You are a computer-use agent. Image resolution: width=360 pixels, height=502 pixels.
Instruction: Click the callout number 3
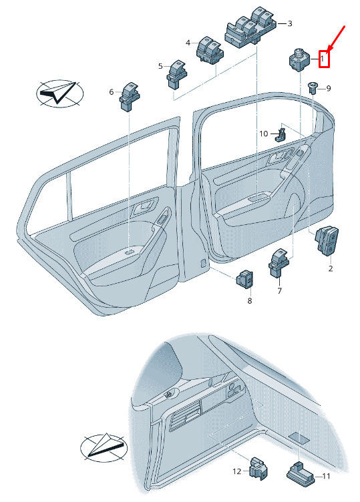point(290,23)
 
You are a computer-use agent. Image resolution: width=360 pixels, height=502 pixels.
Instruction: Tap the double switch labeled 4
point(210,50)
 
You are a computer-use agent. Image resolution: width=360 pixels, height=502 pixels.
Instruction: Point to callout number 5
point(160,66)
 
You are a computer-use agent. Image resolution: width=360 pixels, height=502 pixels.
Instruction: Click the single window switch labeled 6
point(130,96)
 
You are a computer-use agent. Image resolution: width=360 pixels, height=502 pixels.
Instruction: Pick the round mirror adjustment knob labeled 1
point(299,59)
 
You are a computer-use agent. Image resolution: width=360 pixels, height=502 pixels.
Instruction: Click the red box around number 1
point(324,59)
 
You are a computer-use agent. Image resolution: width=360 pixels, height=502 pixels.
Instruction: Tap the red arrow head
point(330,47)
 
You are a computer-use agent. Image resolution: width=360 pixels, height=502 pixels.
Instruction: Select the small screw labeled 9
point(313,87)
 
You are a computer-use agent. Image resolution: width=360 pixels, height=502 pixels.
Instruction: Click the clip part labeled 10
point(281,134)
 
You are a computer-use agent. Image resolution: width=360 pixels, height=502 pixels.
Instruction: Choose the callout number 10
point(264,134)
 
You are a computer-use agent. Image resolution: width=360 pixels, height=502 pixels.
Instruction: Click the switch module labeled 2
point(327,241)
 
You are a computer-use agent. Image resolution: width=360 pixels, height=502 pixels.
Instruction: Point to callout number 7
point(280,290)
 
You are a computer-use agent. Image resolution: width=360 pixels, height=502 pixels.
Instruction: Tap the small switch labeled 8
point(244,279)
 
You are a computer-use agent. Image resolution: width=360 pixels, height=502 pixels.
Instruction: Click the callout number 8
point(250,300)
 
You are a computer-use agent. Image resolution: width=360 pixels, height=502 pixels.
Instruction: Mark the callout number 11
point(326,477)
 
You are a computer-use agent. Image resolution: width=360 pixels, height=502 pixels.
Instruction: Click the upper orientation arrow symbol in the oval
point(59,93)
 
